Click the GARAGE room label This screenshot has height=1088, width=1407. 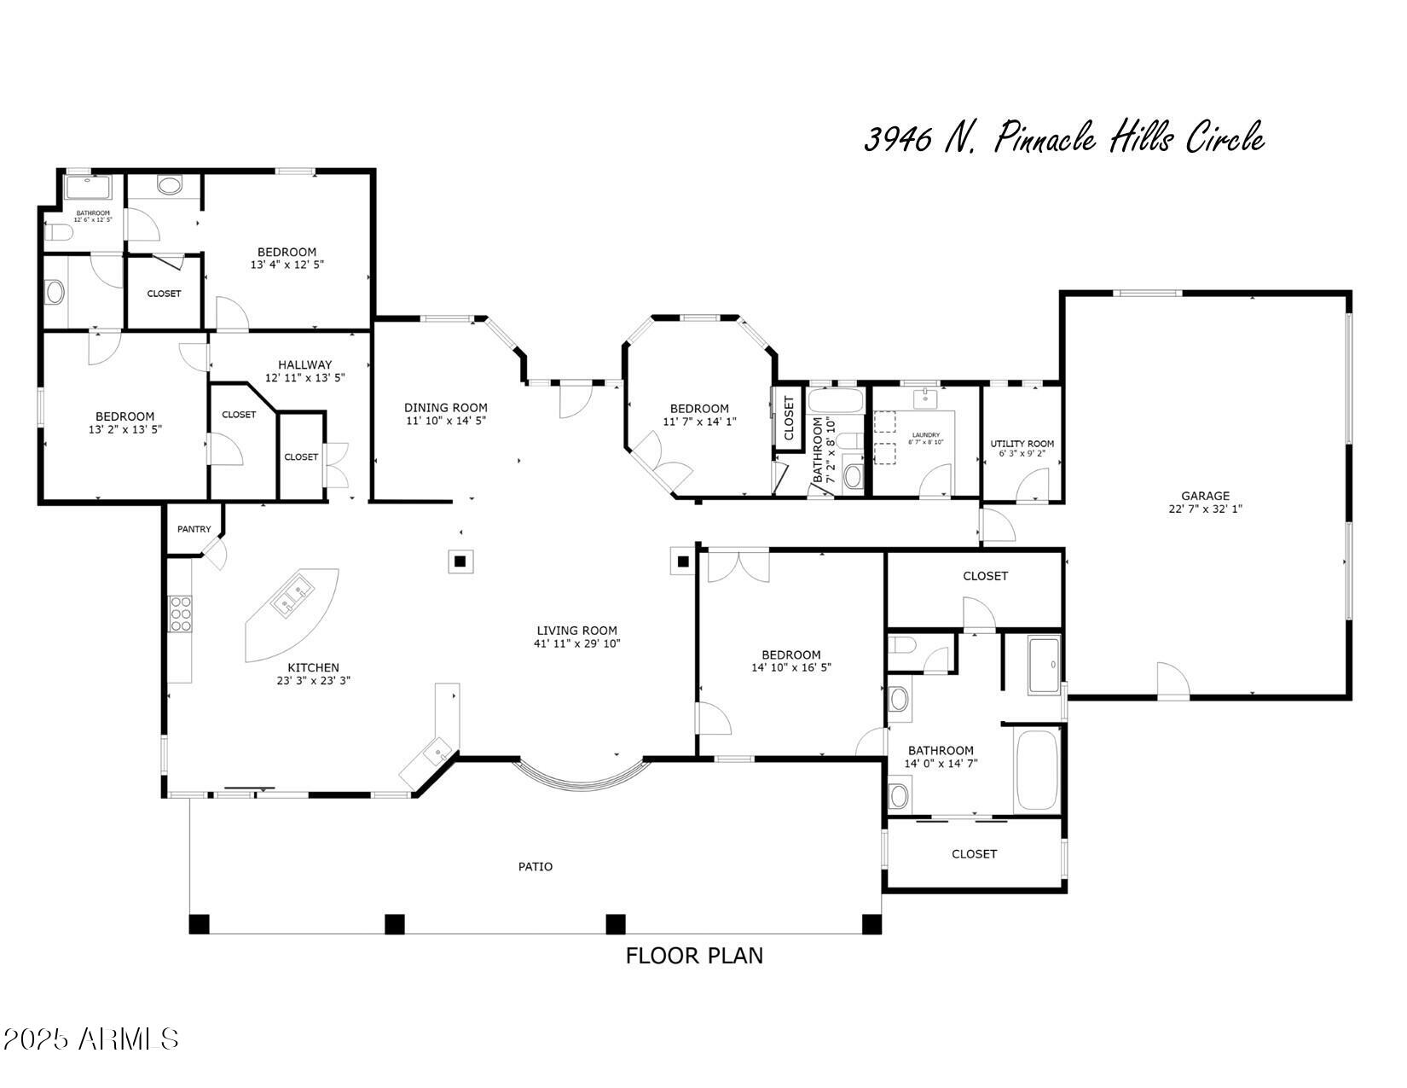(x=1205, y=496)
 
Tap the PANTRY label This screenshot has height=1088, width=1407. (x=194, y=529)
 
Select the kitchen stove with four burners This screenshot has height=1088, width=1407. (x=181, y=614)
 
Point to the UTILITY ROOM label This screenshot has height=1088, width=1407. (x=1022, y=444)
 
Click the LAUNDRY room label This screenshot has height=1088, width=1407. (x=925, y=435)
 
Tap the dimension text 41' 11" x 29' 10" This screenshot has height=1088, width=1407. (x=576, y=644)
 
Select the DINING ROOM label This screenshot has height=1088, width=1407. (x=445, y=408)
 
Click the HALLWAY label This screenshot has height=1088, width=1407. (x=304, y=364)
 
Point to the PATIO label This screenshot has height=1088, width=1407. (x=536, y=867)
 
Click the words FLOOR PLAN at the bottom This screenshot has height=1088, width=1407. (x=694, y=956)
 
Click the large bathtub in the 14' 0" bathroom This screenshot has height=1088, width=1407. (x=1037, y=769)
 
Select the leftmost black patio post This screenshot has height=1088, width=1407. (x=199, y=924)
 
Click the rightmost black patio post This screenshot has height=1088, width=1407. (x=871, y=924)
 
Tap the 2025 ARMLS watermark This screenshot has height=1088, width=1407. (x=90, y=1039)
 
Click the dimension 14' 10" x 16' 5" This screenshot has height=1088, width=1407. (x=790, y=668)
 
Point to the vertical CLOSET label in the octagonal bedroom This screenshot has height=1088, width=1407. (x=789, y=418)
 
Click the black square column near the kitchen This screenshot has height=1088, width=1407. (x=460, y=561)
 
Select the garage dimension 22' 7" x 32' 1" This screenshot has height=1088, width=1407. (x=1205, y=509)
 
